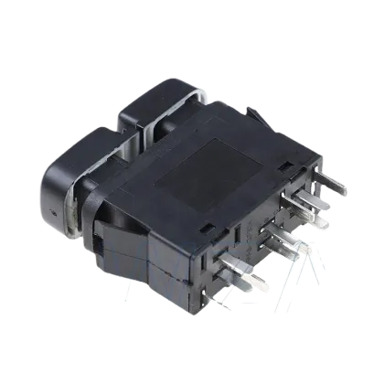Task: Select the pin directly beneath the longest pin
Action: tap(320, 219)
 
